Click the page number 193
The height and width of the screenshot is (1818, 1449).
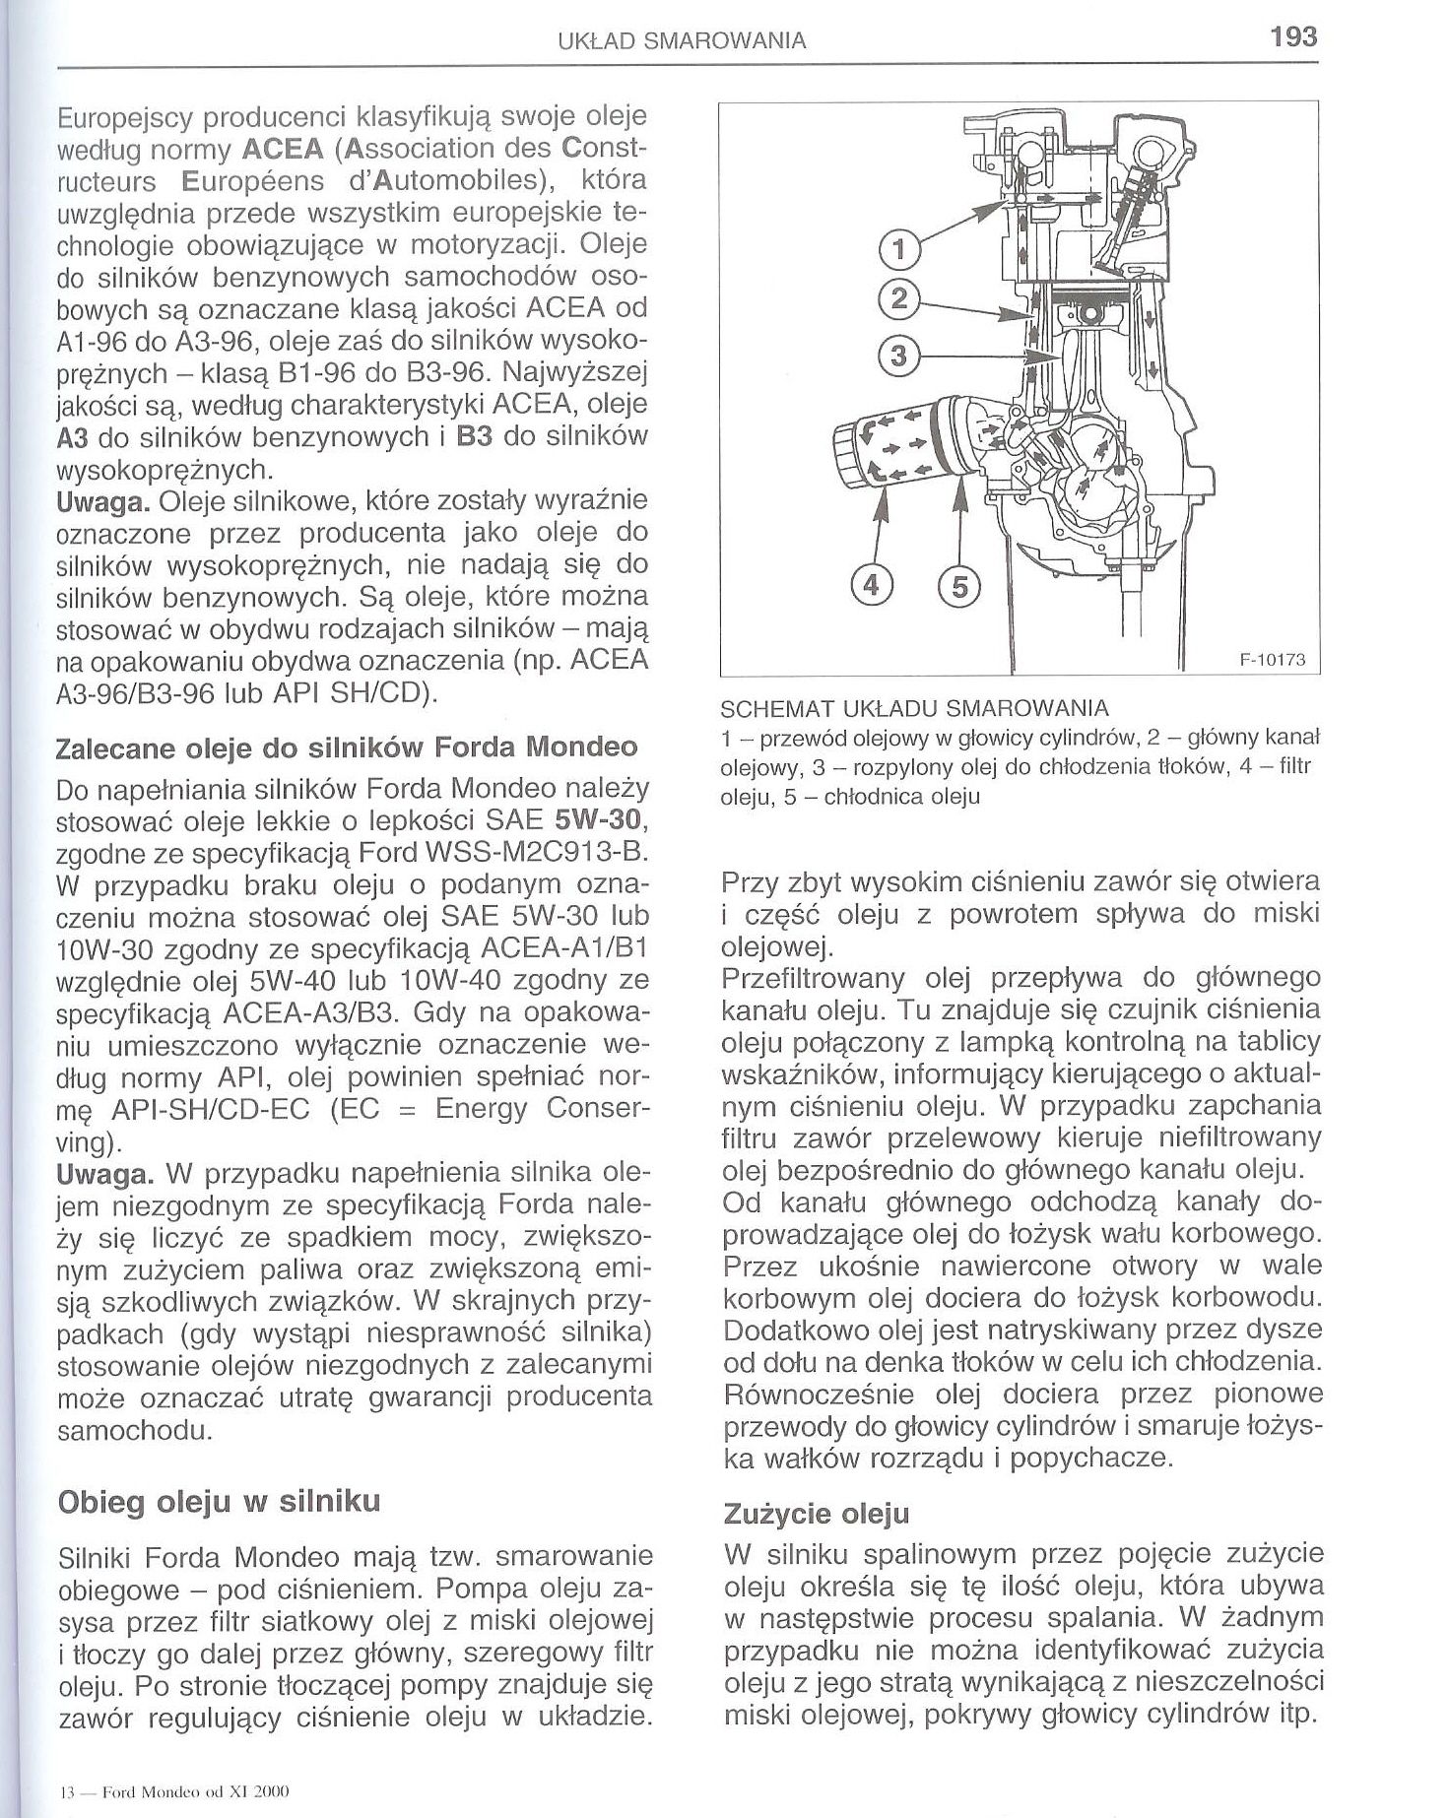(x=1293, y=37)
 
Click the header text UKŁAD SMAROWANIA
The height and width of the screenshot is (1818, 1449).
(x=682, y=40)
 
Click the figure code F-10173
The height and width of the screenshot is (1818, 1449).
(x=1271, y=660)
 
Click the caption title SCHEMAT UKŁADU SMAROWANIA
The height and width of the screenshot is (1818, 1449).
(x=915, y=708)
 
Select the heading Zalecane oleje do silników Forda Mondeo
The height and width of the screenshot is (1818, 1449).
(x=348, y=746)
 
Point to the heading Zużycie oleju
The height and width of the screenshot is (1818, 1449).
(x=817, y=1512)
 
